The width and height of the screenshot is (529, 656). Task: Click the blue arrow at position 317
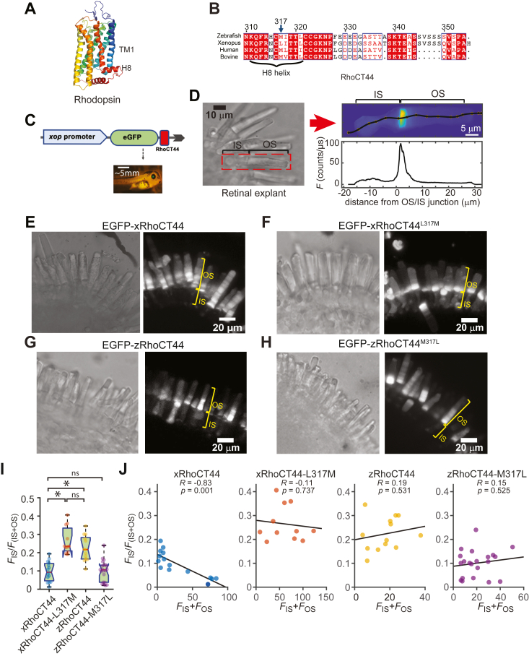pos(281,26)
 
